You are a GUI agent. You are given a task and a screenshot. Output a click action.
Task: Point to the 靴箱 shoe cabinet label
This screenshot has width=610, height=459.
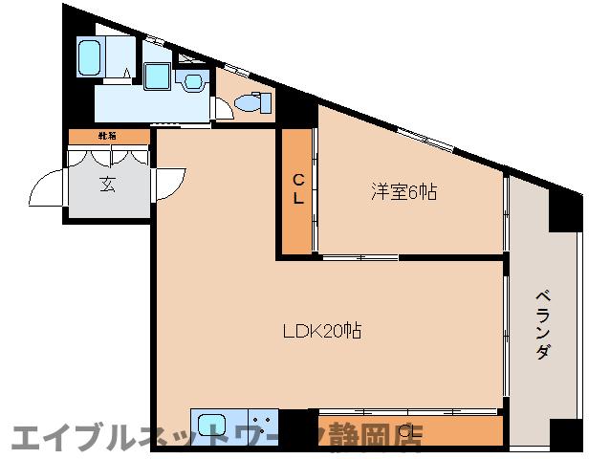(106, 137)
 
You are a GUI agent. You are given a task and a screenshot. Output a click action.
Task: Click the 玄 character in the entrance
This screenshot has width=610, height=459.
(106, 184)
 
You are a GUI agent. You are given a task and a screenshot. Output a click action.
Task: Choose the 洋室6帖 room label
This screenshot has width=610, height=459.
(404, 192)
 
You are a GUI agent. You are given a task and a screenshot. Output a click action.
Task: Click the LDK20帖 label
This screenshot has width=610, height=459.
(321, 332)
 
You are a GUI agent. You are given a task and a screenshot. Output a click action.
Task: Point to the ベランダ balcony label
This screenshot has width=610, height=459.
(542, 325)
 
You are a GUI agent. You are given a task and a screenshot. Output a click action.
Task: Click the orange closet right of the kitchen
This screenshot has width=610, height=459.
(410, 431)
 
